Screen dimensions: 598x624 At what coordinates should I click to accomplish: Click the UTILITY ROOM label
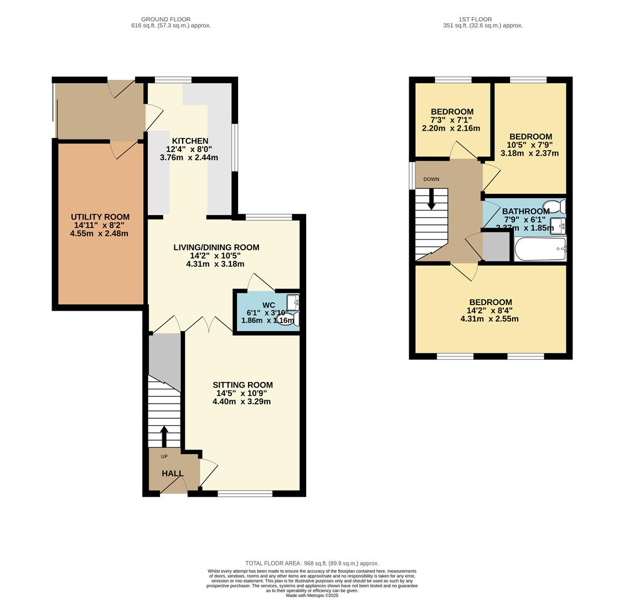tap(100, 217)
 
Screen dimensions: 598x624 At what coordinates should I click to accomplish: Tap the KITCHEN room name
tap(189, 141)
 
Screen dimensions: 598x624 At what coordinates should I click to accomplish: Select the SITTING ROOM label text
tap(242, 385)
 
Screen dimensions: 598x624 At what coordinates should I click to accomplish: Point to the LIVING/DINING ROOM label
tap(216, 248)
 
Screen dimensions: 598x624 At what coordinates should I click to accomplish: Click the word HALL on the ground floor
tap(172, 474)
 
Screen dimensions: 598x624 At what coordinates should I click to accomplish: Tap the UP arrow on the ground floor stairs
tap(164, 436)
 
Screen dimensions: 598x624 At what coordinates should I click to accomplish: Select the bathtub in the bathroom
tap(540, 249)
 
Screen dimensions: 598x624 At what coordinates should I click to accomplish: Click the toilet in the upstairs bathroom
tap(555, 207)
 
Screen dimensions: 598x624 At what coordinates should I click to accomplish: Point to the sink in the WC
tap(293, 302)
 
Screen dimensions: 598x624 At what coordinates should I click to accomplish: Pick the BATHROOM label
tap(525, 212)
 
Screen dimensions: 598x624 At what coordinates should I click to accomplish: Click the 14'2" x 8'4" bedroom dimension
tap(489, 311)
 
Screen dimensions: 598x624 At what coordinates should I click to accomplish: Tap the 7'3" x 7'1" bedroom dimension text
tap(451, 120)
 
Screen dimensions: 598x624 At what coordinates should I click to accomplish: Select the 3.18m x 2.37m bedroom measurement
tap(529, 153)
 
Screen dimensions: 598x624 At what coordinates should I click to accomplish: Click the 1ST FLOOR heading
tap(475, 19)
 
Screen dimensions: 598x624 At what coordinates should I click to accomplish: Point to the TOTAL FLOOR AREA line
tap(312, 563)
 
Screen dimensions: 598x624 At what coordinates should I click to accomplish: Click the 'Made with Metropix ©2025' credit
tap(312, 595)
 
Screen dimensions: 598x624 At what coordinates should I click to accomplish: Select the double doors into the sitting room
tap(209, 324)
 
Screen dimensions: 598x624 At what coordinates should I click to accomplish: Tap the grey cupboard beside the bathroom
tap(496, 247)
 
